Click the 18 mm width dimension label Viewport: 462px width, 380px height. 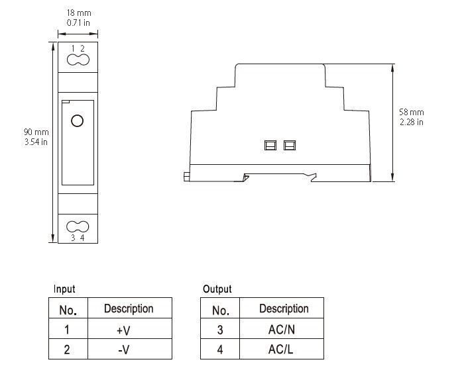tap(78, 13)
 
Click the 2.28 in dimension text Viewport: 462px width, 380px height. tap(412, 122)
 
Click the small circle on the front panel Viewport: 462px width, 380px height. tap(77, 120)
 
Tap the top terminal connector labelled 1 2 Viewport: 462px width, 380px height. tap(78, 60)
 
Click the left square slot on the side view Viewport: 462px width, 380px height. tap(270, 145)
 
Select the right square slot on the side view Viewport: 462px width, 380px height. tap(289, 145)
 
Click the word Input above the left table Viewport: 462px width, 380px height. tap(64, 289)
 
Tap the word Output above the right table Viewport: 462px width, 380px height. tap(217, 289)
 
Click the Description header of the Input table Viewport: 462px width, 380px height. tap(129, 309)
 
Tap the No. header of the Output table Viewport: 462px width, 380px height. tap(220, 310)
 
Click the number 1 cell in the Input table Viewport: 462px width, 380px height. tap(68, 329)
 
